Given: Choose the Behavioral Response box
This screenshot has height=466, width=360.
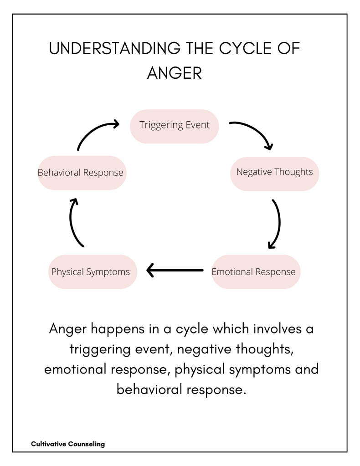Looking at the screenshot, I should point(82,173).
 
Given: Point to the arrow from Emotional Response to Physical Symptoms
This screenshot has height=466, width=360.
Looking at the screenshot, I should point(175,271).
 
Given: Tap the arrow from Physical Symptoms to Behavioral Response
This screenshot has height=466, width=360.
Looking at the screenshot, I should point(73,223).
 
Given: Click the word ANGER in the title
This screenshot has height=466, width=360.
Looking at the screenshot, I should point(175,73).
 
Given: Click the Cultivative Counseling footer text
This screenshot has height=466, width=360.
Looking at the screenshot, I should point(68,443).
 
